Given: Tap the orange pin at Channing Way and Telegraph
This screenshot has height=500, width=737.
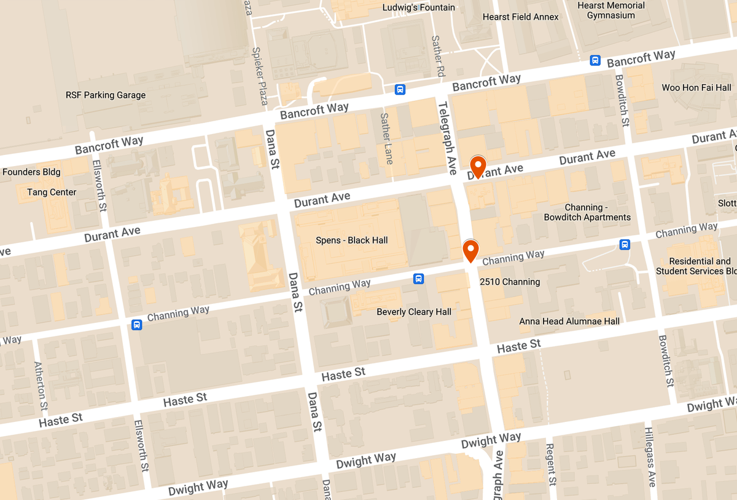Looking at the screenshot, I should (470, 250).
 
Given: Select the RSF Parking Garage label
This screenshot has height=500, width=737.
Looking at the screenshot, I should (106, 95).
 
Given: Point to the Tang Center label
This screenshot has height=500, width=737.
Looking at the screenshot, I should (52, 192).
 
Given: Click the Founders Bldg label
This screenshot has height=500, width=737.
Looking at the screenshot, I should (31, 172).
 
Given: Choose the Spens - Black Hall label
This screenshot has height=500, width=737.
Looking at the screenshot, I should (351, 240).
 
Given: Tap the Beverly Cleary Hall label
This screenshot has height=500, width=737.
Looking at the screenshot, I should (414, 312).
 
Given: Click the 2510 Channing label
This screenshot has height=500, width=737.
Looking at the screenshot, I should (509, 282).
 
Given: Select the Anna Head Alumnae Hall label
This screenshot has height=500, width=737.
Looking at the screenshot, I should (569, 321).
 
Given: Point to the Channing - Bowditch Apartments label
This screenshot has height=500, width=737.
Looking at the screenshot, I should (587, 212).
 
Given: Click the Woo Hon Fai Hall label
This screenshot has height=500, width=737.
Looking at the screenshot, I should (696, 88).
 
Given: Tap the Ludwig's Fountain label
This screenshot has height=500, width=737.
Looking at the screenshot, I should (418, 7).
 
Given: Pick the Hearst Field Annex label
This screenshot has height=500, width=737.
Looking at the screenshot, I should (520, 17).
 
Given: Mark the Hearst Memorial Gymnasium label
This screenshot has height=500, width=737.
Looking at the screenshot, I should (610, 10).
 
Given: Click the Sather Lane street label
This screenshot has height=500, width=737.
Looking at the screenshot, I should (386, 138).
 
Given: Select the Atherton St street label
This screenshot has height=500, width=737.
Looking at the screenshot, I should (41, 386).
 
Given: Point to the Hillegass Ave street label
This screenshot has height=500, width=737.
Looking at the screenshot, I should (650, 456).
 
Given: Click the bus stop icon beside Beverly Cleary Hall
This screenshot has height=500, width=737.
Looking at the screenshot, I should (418, 279).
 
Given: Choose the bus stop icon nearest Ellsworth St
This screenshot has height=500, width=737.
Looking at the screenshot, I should (136, 324).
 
